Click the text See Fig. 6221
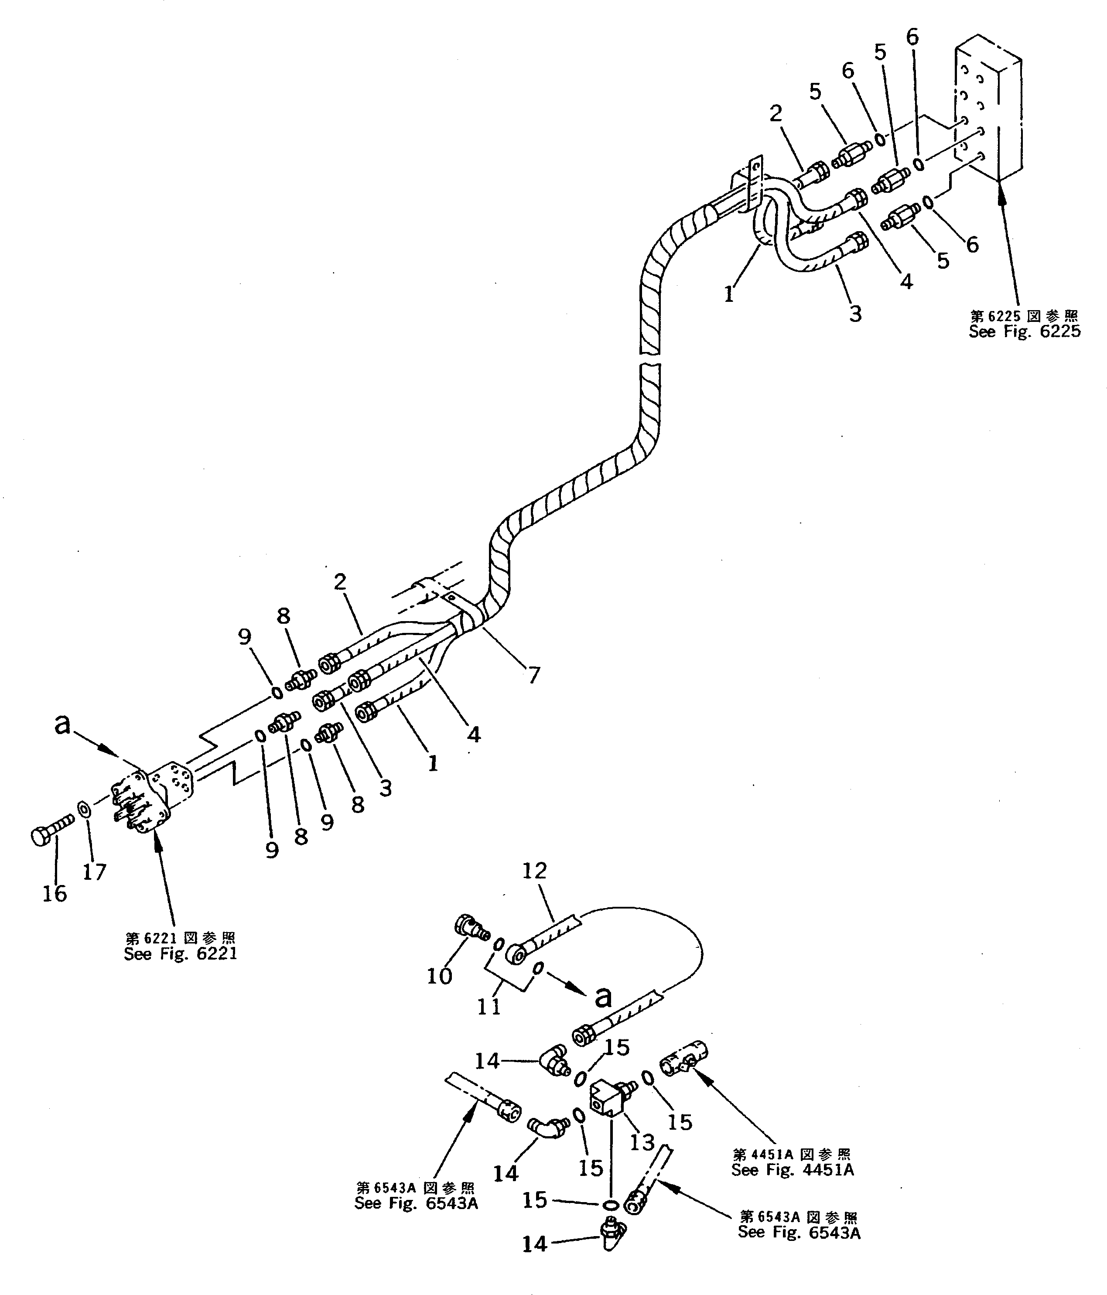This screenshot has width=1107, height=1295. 180,954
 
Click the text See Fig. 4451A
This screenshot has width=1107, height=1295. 792,1170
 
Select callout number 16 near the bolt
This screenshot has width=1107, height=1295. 55,894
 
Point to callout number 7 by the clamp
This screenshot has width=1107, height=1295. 533,675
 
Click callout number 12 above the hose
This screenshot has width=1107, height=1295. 534,871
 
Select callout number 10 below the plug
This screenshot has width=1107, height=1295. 439,976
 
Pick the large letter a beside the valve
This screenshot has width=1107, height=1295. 62,724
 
